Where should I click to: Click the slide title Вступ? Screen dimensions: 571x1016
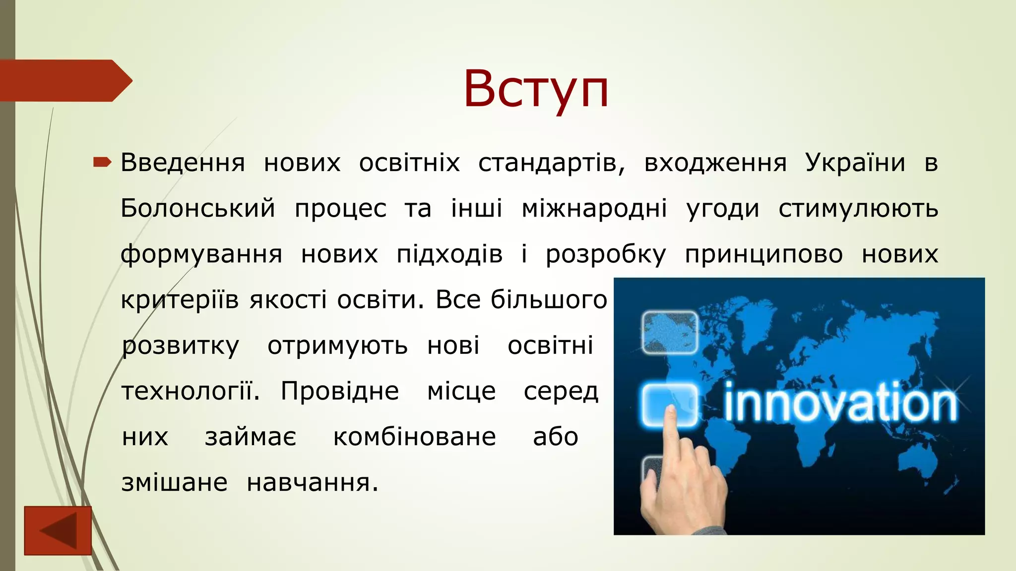tap(536, 89)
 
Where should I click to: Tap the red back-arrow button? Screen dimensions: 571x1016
tap(58, 530)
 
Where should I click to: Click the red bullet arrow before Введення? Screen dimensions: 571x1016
tap(102, 162)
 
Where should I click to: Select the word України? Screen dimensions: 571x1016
tap(855, 163)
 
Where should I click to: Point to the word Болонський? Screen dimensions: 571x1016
tap(197, 208)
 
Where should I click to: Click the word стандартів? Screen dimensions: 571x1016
tap(551, 163)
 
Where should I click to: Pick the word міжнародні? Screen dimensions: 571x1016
tap(594, 208)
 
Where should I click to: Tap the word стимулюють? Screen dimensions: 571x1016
tap(858, 208)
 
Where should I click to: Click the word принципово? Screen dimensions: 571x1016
tap(764, 254)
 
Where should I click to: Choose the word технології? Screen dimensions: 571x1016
tap(190, 392)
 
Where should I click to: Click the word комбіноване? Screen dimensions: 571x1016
tap(414, 437)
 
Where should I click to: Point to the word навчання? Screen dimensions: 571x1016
tap(313, 483)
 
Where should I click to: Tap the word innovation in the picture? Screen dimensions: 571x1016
tap(840, 403)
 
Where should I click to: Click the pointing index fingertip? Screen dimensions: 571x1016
tap(671, 411)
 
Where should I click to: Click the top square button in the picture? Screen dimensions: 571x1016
tap(670, 332)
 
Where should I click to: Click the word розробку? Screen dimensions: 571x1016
tap(606, 254)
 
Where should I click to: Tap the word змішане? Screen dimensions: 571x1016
tap(175, 483)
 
